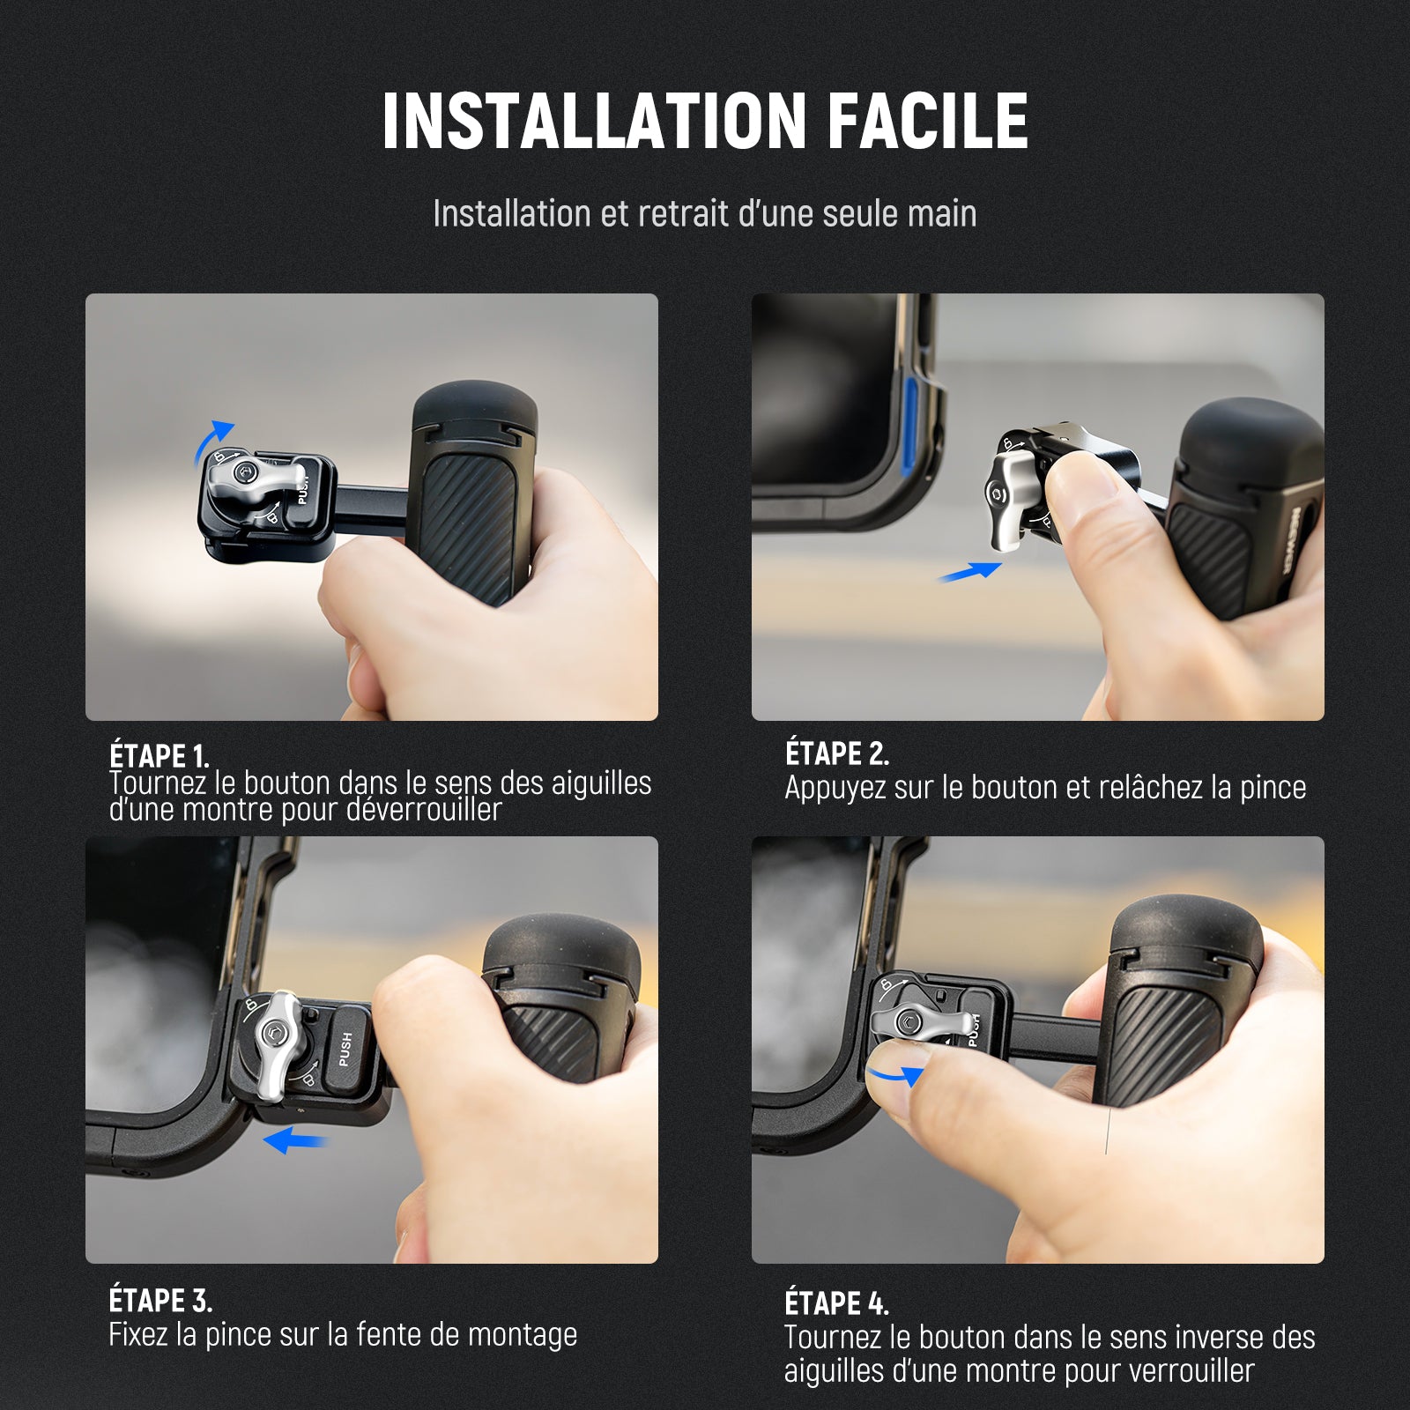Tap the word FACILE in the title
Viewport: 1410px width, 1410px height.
[x=928, y=121]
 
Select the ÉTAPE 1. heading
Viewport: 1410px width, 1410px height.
[x=160, y=756]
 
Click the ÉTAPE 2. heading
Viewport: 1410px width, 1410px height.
[x=837, y=753]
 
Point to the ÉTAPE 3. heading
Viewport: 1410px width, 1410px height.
[x=160, y=1301]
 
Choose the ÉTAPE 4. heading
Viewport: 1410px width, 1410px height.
[x=837, y=1303]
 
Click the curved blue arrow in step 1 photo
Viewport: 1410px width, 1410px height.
[x=212, y=439]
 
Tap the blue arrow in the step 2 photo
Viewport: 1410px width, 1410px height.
[x=969, y=572]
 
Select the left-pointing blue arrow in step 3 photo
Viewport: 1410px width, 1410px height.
[x=296, y=1140]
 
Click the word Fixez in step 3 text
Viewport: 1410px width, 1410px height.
[x=138, y=1334]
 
